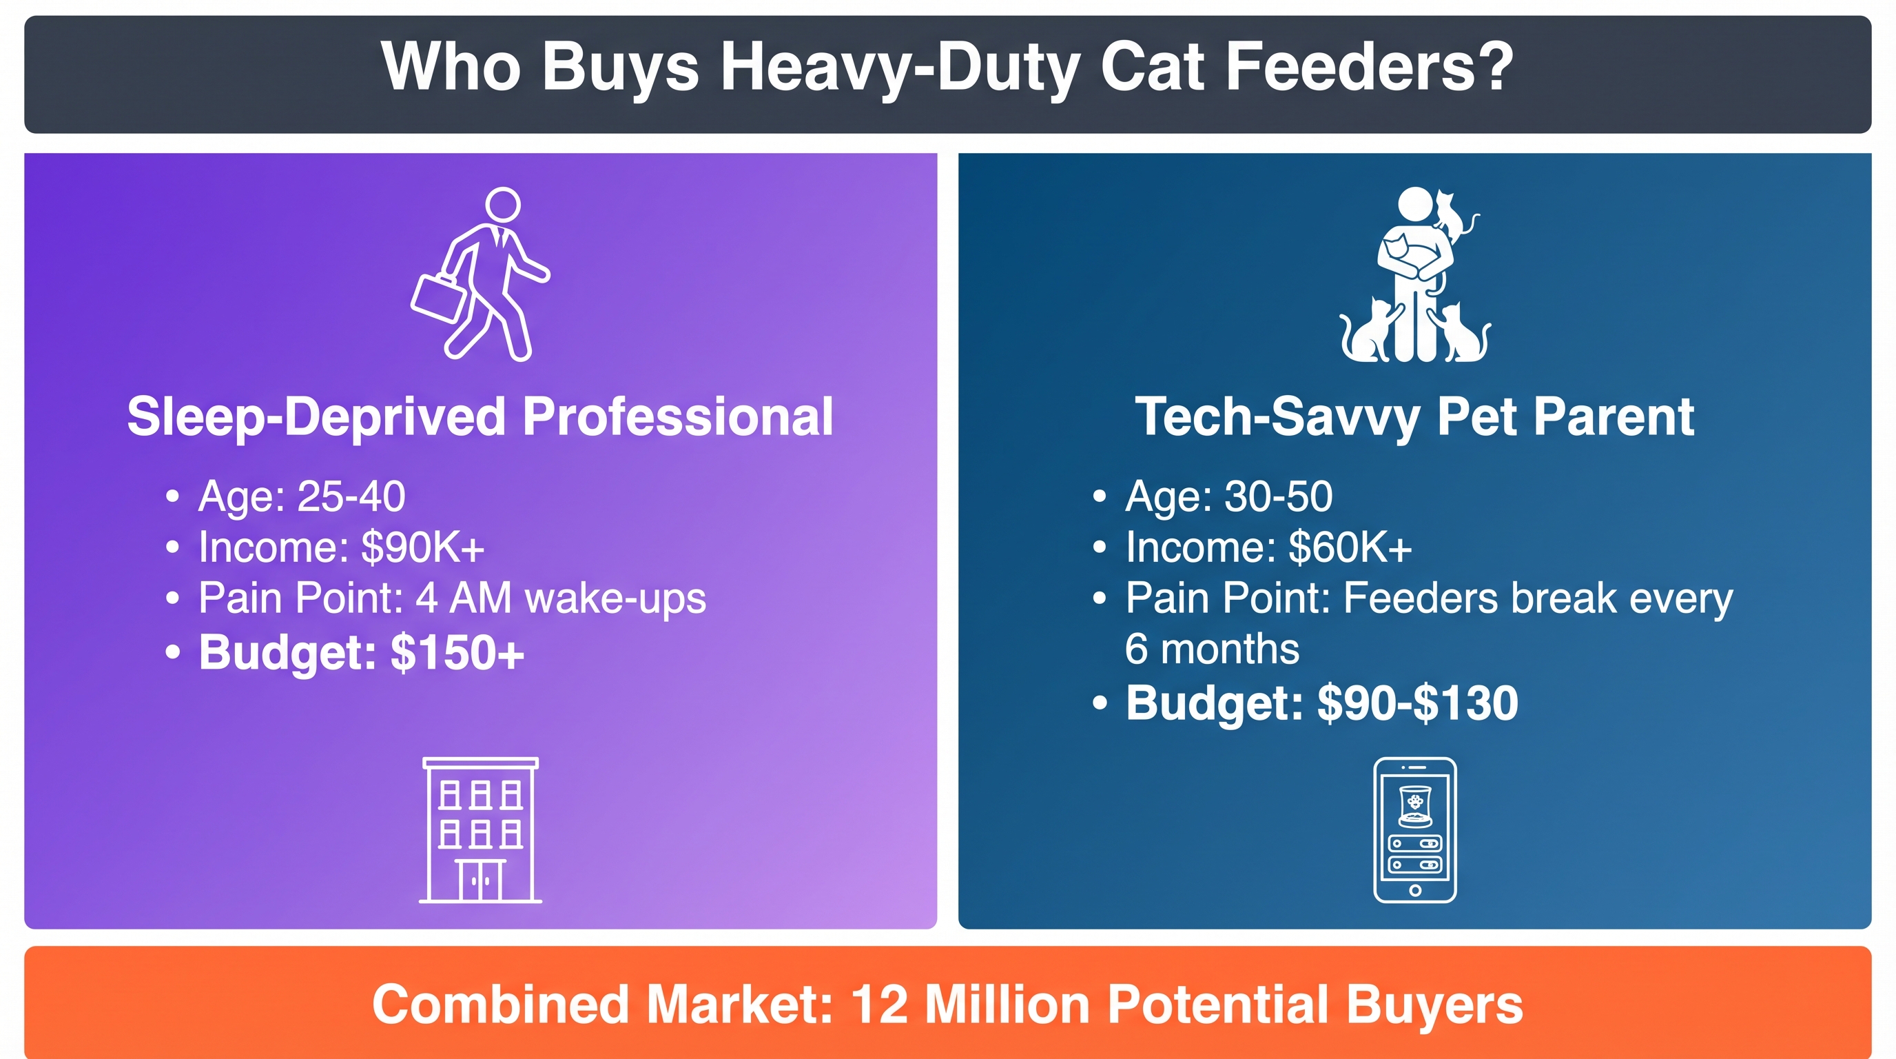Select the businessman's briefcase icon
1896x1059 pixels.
(439, 298)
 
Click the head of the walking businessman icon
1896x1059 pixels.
(504, 204)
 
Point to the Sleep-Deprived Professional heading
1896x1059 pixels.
(480, 417)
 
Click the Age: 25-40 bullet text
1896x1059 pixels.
(302, 496)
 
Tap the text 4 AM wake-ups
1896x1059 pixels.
(561, 597)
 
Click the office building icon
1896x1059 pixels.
(481, 830)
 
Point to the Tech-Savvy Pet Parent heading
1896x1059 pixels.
(1414, 417)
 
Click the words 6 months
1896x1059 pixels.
(1213, 649)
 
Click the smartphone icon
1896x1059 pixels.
(1414, 830)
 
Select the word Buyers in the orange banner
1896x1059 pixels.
(1434, 1006)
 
